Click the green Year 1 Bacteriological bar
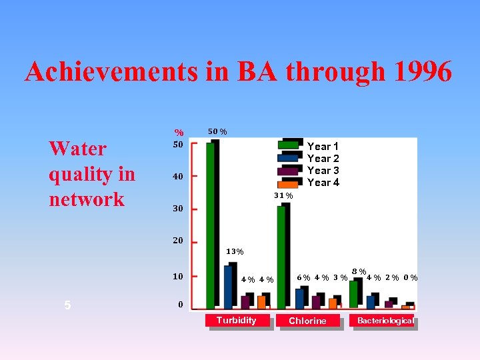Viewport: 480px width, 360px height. pyautogui.click(x=354, y=294)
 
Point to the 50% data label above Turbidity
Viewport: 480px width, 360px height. pyautogui.click(x=217, y=131)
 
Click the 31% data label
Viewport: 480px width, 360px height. pyautogui.click(x=283, y=195)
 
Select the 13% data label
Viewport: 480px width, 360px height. pyautogui.click(x=235, y=252)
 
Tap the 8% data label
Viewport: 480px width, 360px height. pyautogui.click(x=359, y=271)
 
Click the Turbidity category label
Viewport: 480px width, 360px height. pyautogui.click(x=236, y=321)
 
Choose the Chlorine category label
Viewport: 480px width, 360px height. pyautogui.click(x=307, y=321)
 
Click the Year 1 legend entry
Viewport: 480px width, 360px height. pyautogui.click(x=323, y=147)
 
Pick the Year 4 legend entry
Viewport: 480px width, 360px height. pyautogui.click(x=323, y=183)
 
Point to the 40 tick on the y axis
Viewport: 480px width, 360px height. pyautogui.click(x=178, y=177)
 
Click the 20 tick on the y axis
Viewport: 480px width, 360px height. pyautogui.click(x=178, y=241)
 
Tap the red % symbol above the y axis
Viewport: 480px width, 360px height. pyautogui.click(x=179, y=133)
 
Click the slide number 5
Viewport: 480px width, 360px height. pyautogui.click(x=67, y=305)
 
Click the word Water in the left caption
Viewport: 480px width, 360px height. pyautogui.click(x=77, y=149)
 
